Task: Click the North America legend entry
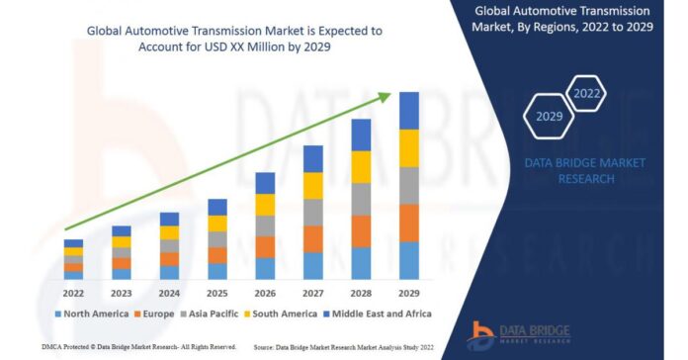[90, 314]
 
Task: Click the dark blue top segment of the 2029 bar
[408, 110]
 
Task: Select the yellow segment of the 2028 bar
[361, 166]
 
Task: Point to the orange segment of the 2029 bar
[408, 223]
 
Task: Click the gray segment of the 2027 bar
[312, 212]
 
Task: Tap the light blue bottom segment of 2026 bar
[265, 268]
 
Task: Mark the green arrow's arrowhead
[385, 97]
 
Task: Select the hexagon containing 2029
[549, 117]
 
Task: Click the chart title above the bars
[234, 38]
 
